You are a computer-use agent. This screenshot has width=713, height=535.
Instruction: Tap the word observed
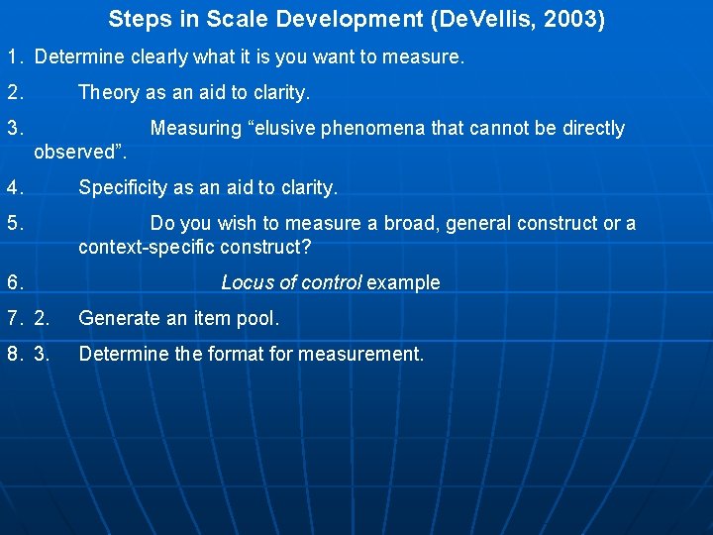click(x=73, y=153)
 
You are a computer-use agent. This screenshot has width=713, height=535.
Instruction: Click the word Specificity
click(x=125, y=188)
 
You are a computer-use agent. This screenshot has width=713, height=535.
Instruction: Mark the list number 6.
click(x=15, y=283)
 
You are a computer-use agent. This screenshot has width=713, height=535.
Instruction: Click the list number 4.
click(x=15, y=188)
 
